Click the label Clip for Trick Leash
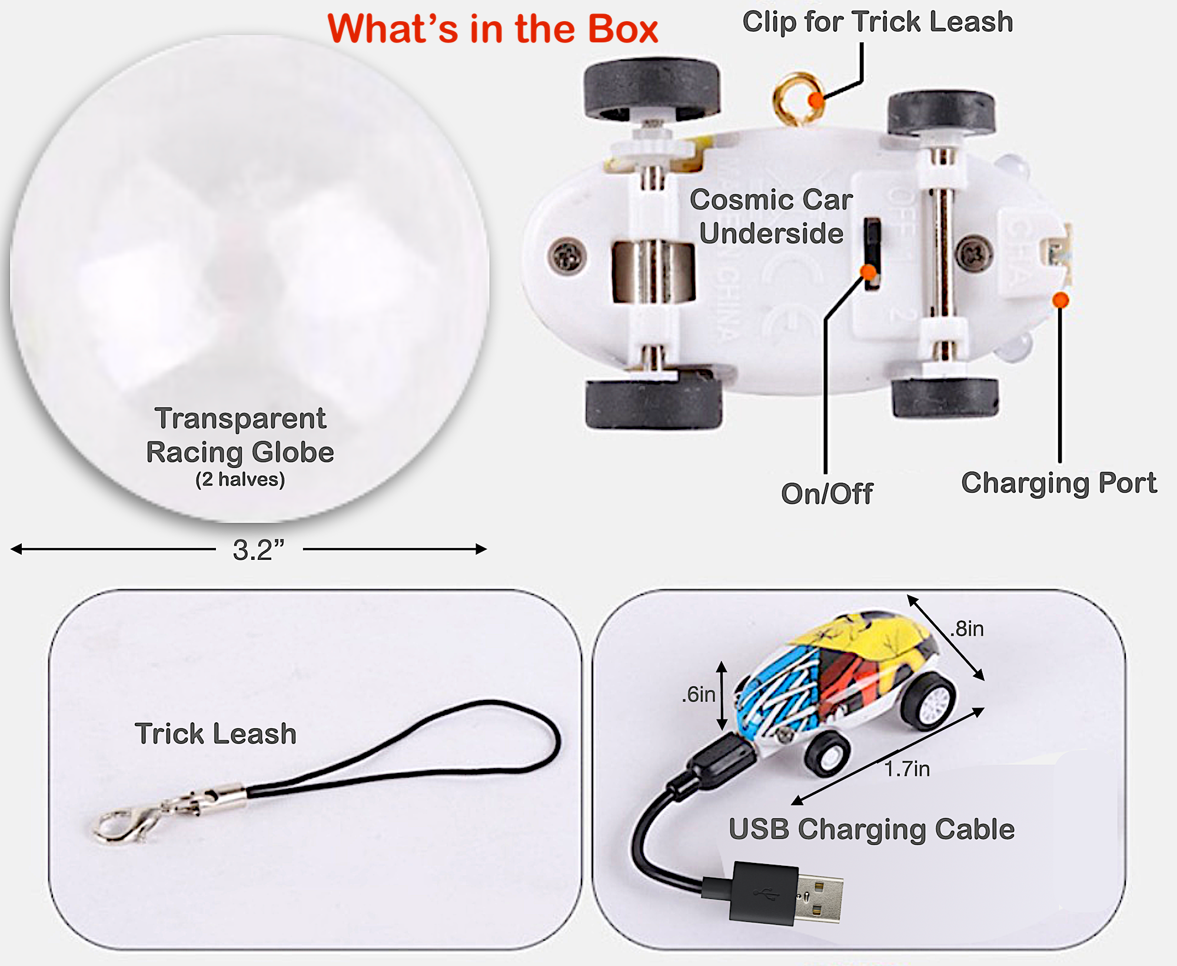[x=877, y=22]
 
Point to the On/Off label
[x=826, y=493]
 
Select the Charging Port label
[x=1058, y=483]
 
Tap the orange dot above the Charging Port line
[x=1060, y=300]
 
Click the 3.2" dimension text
[x=258, y=550]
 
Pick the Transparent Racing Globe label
[x=240, y=436]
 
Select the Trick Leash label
[x=215, y=733]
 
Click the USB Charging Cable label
[x=872, y=829]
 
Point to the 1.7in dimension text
[x=907, y=769]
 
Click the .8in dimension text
[x=967, y=629]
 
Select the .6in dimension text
[x=699, y=695]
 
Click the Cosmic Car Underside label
[x=771, y=216]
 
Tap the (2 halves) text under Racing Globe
[x=240, y=479]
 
